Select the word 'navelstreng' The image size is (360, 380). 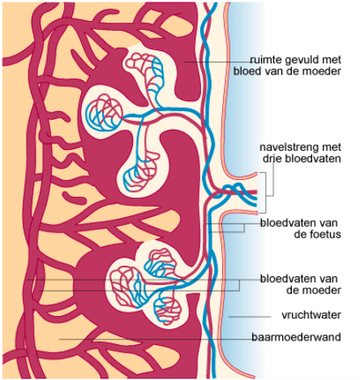coord(289,147)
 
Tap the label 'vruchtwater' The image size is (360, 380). coord(311,315)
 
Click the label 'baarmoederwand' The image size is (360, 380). coord(296,337)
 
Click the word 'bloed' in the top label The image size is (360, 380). coord(245,71)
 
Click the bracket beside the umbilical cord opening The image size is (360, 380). coord(264,192)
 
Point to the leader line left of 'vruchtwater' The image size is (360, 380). coord(250,317)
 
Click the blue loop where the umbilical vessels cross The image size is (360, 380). coord(232,189)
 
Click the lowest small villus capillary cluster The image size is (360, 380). coord(168,310)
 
